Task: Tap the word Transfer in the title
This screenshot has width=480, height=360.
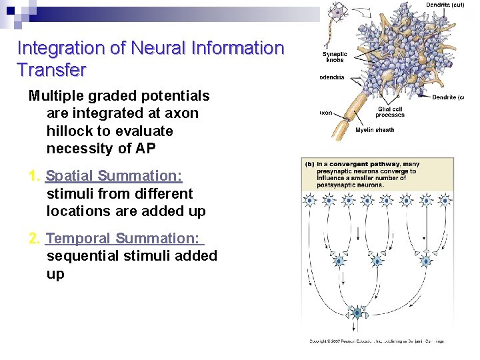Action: pos(51,69)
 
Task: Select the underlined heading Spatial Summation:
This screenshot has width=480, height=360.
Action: pos(114,176)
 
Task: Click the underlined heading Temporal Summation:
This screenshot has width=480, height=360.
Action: pos(124,239)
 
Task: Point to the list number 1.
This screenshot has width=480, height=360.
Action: pos(34,176)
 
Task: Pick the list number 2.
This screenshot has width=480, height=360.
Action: pos(35,239)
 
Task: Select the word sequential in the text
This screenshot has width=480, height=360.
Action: pos(83,256)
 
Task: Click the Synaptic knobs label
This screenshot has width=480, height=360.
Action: pos(334,57)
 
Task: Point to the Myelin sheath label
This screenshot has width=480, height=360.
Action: pos(375,130)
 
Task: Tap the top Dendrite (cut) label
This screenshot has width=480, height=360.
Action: pos(445,5)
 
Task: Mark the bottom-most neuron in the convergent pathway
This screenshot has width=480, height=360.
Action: pos(358,313)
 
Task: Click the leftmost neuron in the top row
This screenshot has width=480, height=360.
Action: pos(311,200)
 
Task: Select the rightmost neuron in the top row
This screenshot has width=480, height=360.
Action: pos(445,200)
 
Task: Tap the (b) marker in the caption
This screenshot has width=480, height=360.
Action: pos(309,164)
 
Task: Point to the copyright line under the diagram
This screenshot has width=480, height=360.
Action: pos(376,341)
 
